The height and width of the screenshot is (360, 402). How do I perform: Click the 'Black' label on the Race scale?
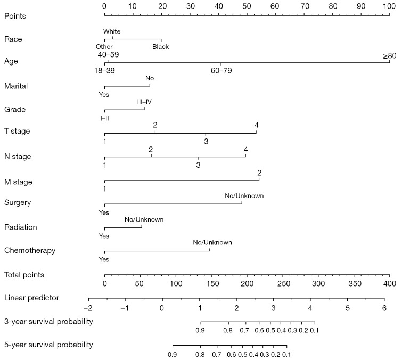160,47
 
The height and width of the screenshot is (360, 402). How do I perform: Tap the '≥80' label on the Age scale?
389,55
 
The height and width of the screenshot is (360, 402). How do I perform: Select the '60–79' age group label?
221,70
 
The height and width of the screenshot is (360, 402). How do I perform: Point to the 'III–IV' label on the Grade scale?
144,102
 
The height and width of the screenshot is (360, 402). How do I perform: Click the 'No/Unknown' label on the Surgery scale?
244,196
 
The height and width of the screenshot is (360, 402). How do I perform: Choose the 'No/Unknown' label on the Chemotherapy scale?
212,242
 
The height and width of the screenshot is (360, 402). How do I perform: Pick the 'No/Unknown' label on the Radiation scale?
144,219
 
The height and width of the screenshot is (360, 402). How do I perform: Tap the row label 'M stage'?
18,182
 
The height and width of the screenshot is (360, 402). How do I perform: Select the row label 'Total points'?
24,275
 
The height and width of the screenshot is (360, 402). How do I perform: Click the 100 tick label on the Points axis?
390,5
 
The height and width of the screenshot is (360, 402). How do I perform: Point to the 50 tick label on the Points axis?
247,5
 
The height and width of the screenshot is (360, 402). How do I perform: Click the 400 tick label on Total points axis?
390,283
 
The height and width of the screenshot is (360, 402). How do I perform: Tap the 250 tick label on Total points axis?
283,283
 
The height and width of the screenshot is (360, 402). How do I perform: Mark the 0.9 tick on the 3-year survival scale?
200,331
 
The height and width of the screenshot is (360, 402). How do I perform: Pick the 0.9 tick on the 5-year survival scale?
172,354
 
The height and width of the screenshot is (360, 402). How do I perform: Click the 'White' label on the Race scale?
112,32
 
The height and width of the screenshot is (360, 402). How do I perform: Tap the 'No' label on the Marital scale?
150,78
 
